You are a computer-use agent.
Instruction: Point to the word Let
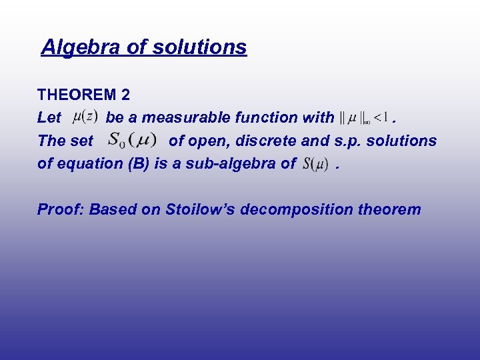tap(49, 118)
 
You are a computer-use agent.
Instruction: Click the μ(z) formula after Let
tap(85, 117)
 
